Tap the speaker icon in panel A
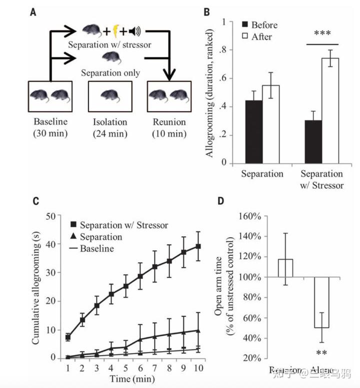coord(133,32)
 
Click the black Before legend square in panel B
coord(244,25)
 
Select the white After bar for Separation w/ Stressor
coord(329,110)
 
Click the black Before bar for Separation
coord(253,131)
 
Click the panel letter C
coord(35,201)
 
